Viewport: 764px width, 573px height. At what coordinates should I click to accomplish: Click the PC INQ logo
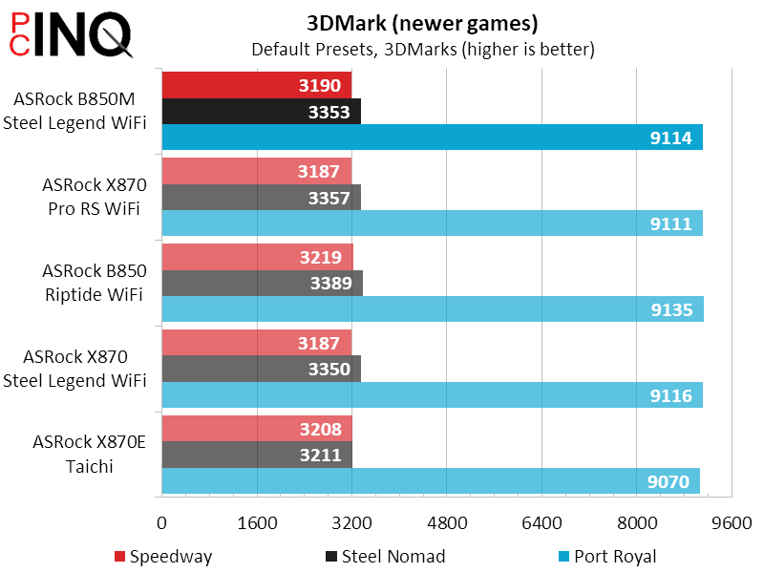click(x=68, y=35)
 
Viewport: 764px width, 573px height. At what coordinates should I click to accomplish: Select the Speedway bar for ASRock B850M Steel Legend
click(x=257, y=85)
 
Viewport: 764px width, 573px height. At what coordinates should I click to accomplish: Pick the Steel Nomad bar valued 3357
click(x=261, y=198)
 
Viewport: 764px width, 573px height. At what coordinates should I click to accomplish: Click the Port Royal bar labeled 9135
click(x=433, y=309)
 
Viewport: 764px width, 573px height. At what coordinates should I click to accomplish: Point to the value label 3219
click(x=321, y=257)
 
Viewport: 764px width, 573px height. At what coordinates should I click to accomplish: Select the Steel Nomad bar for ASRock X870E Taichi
click(x=257, y=456)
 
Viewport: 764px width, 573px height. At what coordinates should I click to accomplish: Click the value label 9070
click(x=668, y=481)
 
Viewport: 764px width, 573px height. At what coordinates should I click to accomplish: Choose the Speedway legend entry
click(x=162, y=557)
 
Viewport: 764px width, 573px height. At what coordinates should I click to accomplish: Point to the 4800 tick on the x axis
click(x=447, y=522)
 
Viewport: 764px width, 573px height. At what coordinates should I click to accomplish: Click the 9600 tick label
click(x=732, y=522)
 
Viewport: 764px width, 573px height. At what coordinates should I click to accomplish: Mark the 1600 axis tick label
click(x=257, y=522)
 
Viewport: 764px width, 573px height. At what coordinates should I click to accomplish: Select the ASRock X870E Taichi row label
click(x=87, y=455)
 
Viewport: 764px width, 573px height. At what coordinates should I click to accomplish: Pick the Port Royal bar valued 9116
click(x=433, y=395)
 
